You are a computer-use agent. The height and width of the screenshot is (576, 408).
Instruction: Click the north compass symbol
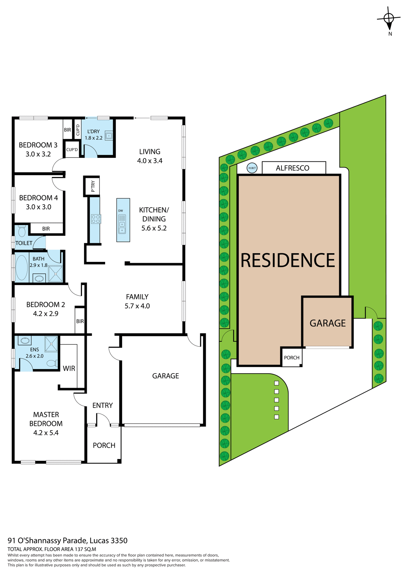pos(389,19)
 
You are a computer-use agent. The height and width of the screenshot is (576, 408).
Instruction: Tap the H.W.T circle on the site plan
pos(252,168)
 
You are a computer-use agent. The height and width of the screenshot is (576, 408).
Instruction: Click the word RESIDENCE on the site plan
pos(288,260)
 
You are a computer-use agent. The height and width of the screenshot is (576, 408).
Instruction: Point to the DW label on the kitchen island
pos(120,211)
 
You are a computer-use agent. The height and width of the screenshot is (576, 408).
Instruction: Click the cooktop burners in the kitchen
pos(96,219)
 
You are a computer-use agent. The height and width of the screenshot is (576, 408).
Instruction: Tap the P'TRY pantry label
pos(93,186)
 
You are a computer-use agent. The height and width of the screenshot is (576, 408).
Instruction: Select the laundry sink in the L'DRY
pos(108,136)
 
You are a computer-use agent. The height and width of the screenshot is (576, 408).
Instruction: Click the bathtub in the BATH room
pos(22,268)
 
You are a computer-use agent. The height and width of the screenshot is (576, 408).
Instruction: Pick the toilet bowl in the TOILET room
pos(22,231)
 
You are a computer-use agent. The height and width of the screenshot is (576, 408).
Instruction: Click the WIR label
pos(69,368)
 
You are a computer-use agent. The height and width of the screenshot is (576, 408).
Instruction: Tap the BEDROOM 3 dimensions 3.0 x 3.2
pos(38,154)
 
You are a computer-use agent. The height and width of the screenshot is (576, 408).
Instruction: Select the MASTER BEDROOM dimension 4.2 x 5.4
pos(46,433)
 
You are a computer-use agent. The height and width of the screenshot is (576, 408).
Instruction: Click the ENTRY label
pos(102,406)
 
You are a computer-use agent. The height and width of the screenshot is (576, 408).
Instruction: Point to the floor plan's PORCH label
pos(104,445)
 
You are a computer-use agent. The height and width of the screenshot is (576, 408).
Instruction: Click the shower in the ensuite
pos(51,344)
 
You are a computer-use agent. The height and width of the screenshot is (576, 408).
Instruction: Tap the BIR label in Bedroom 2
pos(80,321)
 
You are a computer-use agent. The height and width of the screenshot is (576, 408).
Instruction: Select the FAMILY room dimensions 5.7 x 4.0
pos(137,306)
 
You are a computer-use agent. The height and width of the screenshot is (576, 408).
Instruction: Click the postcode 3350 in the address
pos(119,541)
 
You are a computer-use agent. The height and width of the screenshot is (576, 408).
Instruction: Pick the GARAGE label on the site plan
pos(327,323)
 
